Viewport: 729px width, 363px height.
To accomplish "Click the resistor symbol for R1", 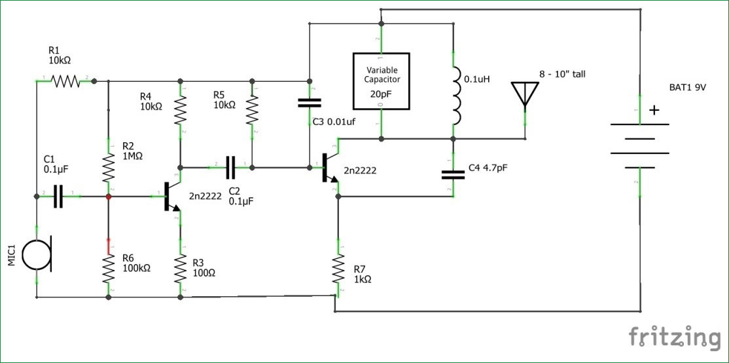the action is point(65,81).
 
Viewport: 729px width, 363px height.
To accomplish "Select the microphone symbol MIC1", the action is point(38,254).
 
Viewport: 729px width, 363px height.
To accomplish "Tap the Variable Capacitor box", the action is point(382,81).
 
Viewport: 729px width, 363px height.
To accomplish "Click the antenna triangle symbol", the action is point(525,94).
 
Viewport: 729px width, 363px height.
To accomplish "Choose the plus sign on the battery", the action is point(654,110).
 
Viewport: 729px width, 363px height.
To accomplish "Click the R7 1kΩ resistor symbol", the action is point(338,269).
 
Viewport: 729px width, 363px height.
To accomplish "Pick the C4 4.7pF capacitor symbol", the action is point(453,174).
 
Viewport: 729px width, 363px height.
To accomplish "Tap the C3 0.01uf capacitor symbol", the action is point(310,103).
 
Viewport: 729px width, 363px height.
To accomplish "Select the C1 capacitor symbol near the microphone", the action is point(58,197).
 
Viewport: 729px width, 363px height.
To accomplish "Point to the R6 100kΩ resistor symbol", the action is point(109,269).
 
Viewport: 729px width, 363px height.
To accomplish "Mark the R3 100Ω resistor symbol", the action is point(181,269).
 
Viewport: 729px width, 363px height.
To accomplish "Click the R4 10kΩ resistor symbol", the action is point(181,110).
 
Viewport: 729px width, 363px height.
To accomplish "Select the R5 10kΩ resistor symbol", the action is point(252,110).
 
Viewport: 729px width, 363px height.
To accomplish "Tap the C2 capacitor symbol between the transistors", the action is point(230,168).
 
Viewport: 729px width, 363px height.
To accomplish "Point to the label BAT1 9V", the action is point(688,87).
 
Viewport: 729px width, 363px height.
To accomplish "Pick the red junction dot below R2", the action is point(109,197).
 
